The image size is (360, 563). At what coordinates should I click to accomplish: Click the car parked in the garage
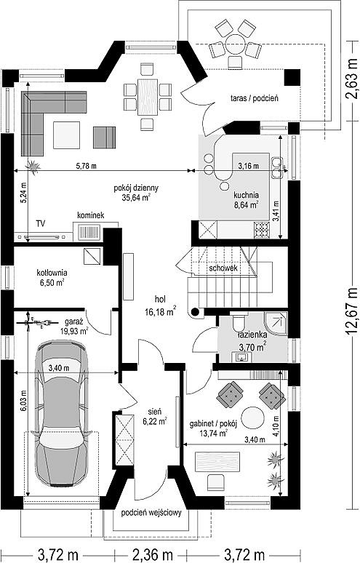point(60,413)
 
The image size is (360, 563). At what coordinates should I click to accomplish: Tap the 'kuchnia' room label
point(246,196)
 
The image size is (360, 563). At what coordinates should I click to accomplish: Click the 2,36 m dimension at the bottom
point(153,554)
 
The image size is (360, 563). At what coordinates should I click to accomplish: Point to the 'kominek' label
point(91,215)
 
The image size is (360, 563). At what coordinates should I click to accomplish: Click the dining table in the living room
point(148,97)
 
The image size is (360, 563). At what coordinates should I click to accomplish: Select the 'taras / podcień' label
point(255,97)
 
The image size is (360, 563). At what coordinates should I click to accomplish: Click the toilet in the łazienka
point(238,322)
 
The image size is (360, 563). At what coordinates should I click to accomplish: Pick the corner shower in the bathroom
point(276,323)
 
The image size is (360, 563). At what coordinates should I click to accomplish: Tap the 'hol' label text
point(160,298)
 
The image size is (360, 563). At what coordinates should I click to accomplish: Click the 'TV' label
point(41,224)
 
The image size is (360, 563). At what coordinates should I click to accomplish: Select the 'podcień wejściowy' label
point(151,513)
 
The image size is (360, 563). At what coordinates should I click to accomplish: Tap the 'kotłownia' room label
point(52,273)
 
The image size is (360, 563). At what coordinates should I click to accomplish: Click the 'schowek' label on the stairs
point(223,268)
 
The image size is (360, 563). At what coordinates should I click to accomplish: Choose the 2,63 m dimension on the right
point(352,78)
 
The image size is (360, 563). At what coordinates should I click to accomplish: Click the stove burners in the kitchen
point(262,230)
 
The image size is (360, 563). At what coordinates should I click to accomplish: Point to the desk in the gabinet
point(217,461)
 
